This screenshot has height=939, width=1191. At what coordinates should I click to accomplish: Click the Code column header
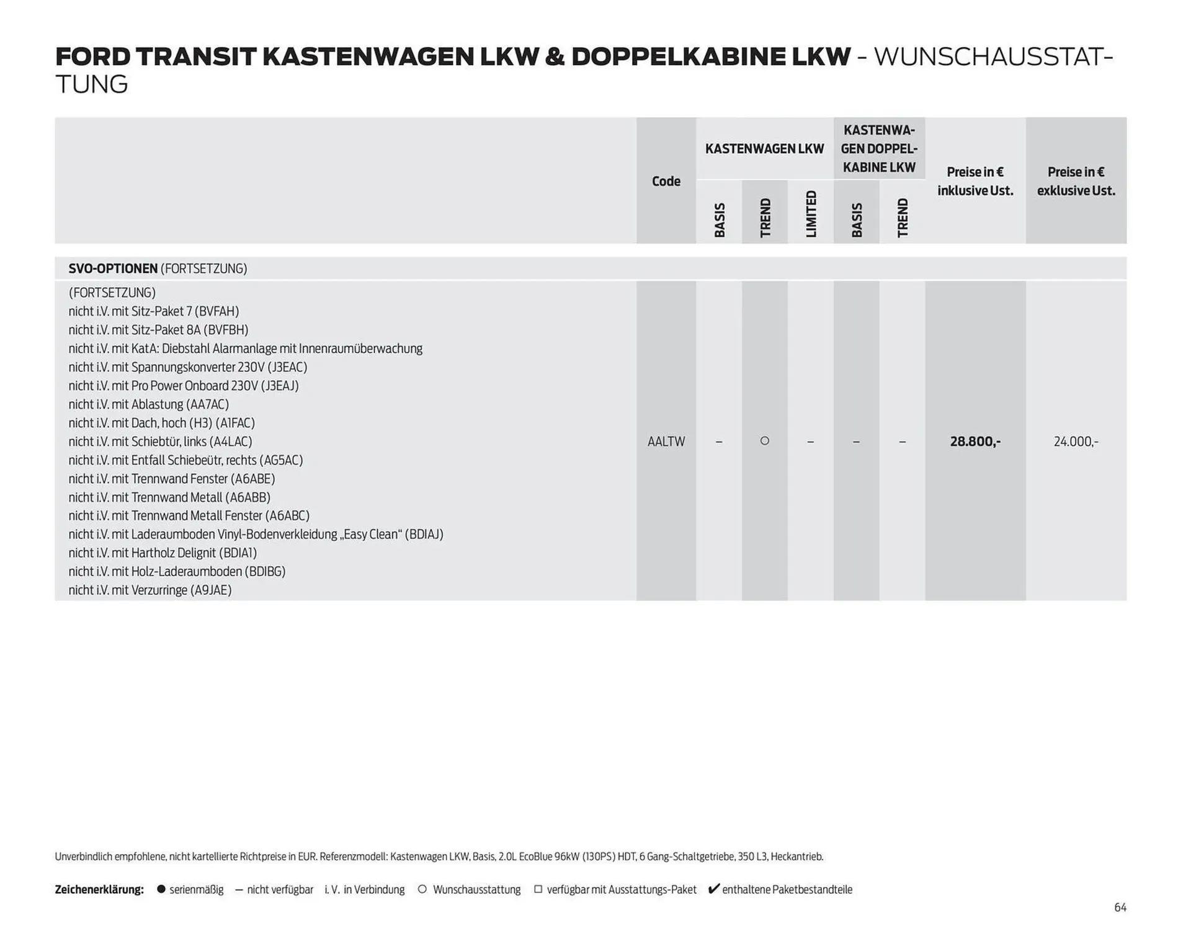coord(666,181)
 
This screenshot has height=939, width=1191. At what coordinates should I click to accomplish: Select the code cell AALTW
coord(666,442)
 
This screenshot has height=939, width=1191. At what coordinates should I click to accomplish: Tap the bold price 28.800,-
coord(975,442)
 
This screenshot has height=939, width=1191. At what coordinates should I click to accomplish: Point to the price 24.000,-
coord(1076,442)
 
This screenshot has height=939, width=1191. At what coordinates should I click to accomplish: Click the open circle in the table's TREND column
coord(765,441)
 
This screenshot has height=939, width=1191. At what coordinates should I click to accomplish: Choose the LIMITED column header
coord(811,214)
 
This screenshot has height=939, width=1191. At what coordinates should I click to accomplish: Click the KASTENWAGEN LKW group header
coord(764,149)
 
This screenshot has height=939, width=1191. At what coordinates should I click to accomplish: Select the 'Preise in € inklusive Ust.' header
coord(975,181)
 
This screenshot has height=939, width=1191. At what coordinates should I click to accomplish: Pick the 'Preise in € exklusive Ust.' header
coord(1076,181)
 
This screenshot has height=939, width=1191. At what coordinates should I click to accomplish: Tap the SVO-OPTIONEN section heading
coord(113,269)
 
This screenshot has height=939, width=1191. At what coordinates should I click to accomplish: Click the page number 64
coord(1120,907)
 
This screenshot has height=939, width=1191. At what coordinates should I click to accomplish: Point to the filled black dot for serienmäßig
coord(161,889)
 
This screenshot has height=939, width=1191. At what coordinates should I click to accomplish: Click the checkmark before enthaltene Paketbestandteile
coord(713,889)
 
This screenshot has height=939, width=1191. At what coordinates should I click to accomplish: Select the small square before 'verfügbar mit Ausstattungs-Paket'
coord(538,889)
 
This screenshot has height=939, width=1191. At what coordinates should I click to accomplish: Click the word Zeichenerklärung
coord(99,889)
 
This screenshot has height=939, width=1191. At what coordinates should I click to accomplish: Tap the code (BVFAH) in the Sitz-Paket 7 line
coord(221,311)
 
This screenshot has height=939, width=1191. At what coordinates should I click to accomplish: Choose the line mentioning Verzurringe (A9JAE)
coord(150,590)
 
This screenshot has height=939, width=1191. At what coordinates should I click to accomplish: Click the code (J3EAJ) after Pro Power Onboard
coord(280,386)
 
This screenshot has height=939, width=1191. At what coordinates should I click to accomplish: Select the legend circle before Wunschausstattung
coord(422,889)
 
